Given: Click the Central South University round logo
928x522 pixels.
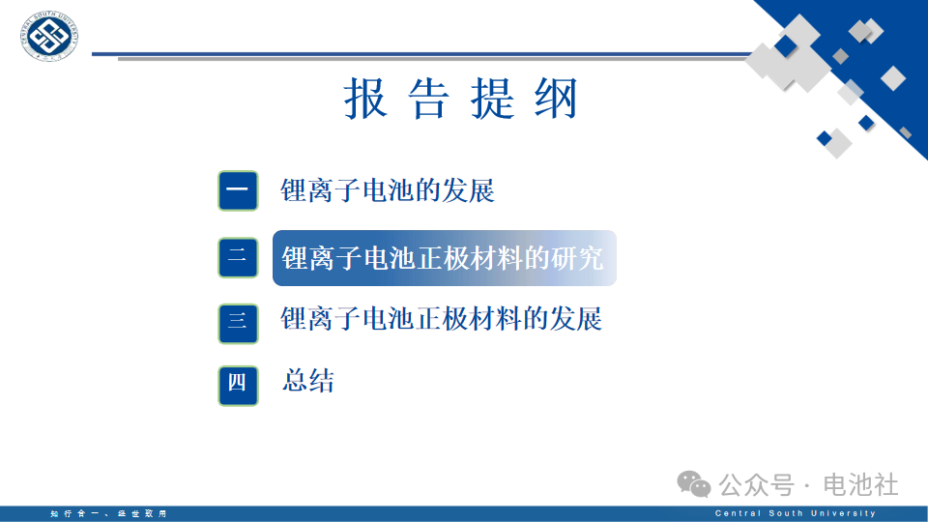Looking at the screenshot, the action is (48, 36).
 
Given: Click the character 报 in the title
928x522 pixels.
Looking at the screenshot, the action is (365, 99).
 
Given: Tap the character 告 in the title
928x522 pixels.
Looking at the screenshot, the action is (429, 99).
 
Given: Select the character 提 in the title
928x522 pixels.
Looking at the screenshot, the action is (492, 99).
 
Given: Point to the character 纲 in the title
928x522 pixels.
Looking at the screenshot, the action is (556, 99).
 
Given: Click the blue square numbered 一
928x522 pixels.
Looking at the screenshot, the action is (238, 190).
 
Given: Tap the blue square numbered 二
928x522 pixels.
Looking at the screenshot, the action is (238, 257).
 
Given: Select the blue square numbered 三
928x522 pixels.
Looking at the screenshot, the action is (238, 324).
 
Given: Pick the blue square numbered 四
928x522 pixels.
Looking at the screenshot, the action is (238, 386).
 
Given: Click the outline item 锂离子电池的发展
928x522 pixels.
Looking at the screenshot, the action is (388, 190).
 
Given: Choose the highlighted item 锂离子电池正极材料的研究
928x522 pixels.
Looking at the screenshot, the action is (445, 258).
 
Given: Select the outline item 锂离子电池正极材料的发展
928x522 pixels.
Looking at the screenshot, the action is (442, 318).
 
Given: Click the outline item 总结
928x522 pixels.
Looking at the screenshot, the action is (307, 381).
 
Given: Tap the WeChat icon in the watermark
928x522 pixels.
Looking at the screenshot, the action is (694, 484).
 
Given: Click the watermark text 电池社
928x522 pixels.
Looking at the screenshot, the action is (861, 485).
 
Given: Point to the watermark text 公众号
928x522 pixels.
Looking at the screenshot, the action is (756, 485).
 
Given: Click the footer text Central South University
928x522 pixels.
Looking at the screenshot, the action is (796, 513).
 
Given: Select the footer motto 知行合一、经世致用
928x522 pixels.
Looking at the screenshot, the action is (109, 513).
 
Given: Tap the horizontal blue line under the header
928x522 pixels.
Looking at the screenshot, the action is (421, 54).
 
